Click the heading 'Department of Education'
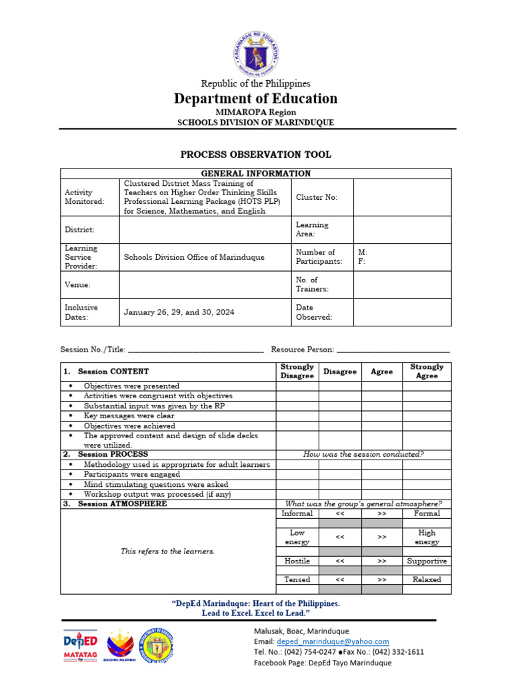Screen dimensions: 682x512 click(256, 99)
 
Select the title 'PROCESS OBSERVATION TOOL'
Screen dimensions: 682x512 click(256, 155)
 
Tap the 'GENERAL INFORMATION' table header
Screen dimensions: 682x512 click(256, 173)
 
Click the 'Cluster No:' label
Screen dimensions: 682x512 click(317, 197)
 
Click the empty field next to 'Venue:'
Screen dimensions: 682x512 click(205, 284)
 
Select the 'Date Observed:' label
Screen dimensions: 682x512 click(314, 312)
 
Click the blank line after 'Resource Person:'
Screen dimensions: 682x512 click(393, 349)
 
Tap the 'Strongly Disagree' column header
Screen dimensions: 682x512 click(297, 371)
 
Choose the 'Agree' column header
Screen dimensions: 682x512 click(381, 372)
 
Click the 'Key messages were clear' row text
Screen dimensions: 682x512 click(129, 416)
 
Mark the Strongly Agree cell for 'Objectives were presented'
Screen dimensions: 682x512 click(427, 386)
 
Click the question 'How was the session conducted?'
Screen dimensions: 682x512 click(363, 454)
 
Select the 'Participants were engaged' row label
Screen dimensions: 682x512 click(131, 474)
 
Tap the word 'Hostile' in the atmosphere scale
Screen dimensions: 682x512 click(297, 561)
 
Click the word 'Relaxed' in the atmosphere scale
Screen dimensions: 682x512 click(427, 579)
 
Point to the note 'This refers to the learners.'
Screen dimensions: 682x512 click(168, 551)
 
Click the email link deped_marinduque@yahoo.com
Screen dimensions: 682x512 click(331, 641)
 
